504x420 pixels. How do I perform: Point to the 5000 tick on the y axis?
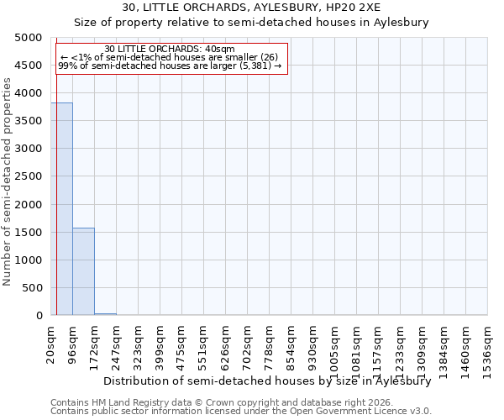29,38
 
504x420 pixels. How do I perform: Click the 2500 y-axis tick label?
29,176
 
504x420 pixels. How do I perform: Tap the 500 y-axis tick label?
32,288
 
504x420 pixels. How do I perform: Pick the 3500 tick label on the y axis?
29,121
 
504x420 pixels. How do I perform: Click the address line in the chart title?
251,8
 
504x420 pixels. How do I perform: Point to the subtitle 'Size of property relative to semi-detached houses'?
251,23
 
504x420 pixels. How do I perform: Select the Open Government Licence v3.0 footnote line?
241,412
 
